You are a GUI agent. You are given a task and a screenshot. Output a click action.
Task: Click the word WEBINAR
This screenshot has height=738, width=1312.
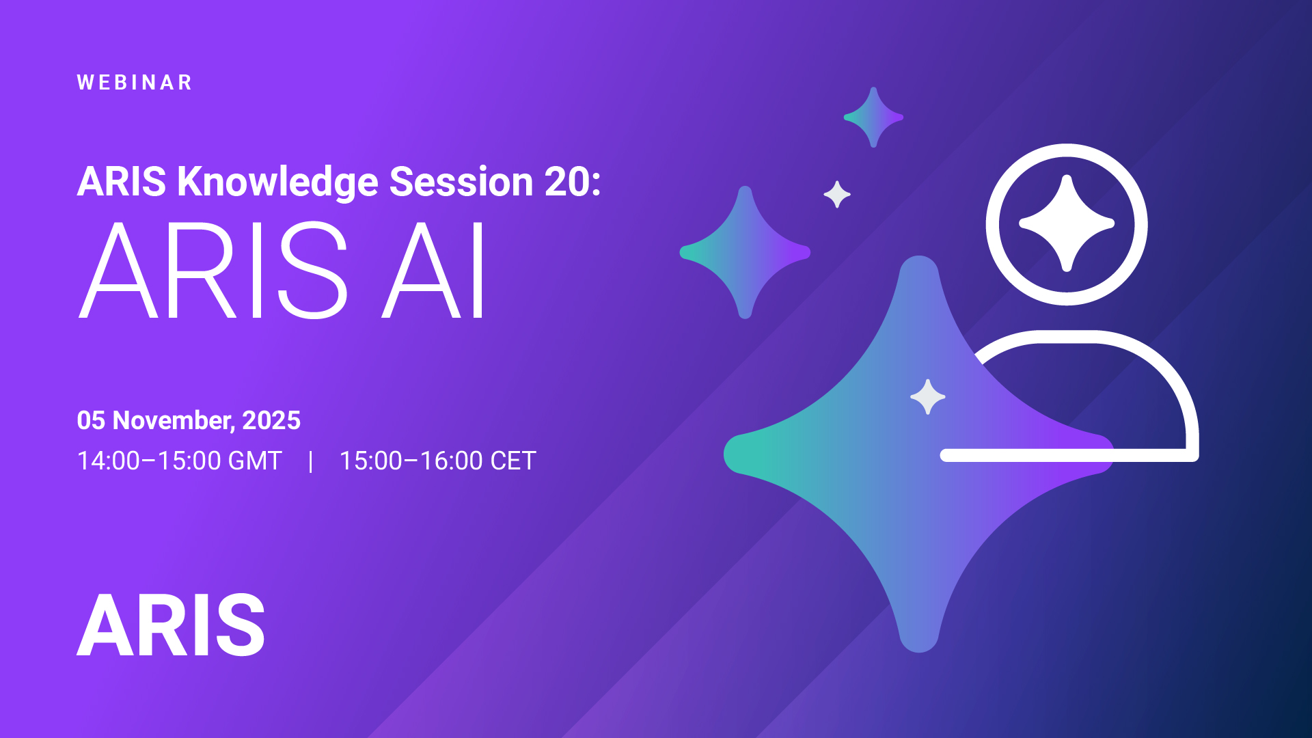point(135,83)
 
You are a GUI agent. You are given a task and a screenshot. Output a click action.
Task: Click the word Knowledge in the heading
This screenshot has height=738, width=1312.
point(277,183)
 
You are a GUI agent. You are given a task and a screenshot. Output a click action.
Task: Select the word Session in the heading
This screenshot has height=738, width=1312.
point(461,182)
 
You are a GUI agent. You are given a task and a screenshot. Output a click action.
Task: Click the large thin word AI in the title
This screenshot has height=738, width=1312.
point(433,270)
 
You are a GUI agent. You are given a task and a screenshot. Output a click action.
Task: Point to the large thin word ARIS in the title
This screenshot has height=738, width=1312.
point(213,270)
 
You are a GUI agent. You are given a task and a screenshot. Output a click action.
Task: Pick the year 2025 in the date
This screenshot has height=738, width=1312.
point(271,420)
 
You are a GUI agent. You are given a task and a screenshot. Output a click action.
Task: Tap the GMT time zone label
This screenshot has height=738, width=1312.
point(255,461)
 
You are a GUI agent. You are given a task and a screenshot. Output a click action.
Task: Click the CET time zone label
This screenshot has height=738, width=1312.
point(513,461)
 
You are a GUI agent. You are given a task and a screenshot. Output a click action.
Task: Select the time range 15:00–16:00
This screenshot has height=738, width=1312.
point(411,461)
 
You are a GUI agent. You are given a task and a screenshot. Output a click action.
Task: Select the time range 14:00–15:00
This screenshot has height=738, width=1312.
point(149,461)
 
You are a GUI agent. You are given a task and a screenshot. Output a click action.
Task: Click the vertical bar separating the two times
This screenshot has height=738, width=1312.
point(311,461)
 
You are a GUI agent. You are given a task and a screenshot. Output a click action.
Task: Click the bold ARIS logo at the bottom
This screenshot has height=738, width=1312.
point(171,625)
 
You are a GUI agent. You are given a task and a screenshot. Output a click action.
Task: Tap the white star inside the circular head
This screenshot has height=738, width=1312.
point(1067,223)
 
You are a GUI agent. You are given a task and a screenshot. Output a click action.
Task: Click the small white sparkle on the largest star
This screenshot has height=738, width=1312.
point(928,397)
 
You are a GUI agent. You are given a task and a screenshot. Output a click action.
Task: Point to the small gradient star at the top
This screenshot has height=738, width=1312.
point(873,118)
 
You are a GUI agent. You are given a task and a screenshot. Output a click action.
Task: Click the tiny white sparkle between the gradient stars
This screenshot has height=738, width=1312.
point(837,195)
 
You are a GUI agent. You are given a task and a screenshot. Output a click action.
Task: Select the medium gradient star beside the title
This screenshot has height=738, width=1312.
point(745,253)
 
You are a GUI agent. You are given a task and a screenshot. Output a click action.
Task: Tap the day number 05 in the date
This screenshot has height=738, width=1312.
point(91,420)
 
